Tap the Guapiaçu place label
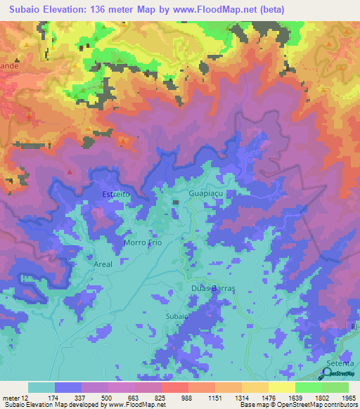coord(207,190)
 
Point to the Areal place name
coord(103,264)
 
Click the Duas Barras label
coord(213,289)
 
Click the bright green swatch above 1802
coord(309,387)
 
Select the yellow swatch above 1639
coord(282,387)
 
